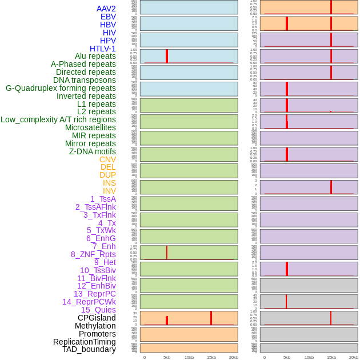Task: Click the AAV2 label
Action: click(x=106, y=9)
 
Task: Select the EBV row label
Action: click(x=107, y=17)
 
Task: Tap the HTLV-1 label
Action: click(x=102, y=49)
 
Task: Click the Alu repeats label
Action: click(x=95, y=56)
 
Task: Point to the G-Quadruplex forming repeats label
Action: click(x=61, y=88)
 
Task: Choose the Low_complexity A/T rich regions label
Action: click(x=58, y=119)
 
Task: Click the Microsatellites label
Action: click(x=90, y=127)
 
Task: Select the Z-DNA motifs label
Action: click(x=92, y=151)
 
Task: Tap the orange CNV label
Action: click(x=107, y=159)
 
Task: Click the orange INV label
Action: click(x=109, y=191)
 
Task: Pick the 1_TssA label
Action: click(x=103, y=199)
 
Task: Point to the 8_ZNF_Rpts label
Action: click(x=93, y=254)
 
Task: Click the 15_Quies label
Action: click(x=98, y=310)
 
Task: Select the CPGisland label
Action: click(x=97, y=318)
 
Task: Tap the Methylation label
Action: click(x=95, y=326)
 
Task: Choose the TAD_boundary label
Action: click(x=89, y=349)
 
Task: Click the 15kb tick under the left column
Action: click(x=211, y=357)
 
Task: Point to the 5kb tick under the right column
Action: click(x=287, y=357)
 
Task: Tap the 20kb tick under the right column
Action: click(x=354, y=357)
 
